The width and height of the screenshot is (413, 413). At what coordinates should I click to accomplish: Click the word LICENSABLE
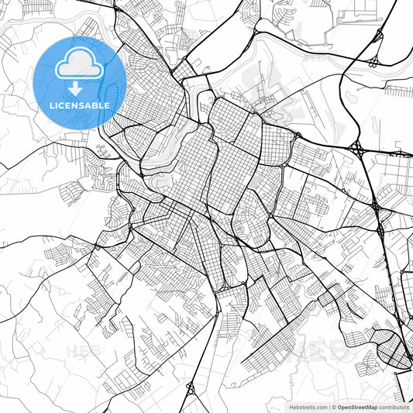tap(79, 105)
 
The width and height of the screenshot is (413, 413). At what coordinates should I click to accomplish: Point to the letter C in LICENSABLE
tap(64, 105)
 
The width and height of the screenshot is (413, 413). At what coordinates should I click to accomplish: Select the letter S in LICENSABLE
tap(84, 105)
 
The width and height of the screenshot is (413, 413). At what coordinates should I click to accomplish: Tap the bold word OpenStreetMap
tap(356, 406)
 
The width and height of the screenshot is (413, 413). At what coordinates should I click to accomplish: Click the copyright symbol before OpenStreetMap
tap(333, 406)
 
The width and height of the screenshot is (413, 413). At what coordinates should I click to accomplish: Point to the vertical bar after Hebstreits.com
tap(328, 406)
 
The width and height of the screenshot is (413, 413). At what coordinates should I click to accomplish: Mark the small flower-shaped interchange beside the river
tap(375, 60)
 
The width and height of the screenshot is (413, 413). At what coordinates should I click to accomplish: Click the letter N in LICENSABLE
tap(77, 105)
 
